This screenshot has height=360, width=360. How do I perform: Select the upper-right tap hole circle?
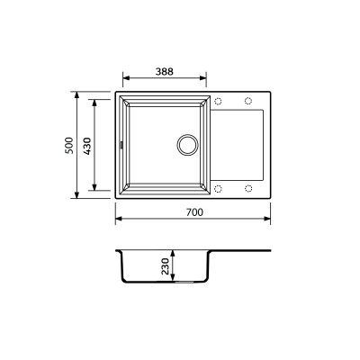click(247, 100)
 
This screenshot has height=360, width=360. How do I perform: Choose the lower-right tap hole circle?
click(247, 188)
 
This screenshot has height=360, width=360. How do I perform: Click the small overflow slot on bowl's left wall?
click(119, 144)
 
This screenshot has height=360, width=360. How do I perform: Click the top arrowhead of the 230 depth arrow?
click(174, 253)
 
